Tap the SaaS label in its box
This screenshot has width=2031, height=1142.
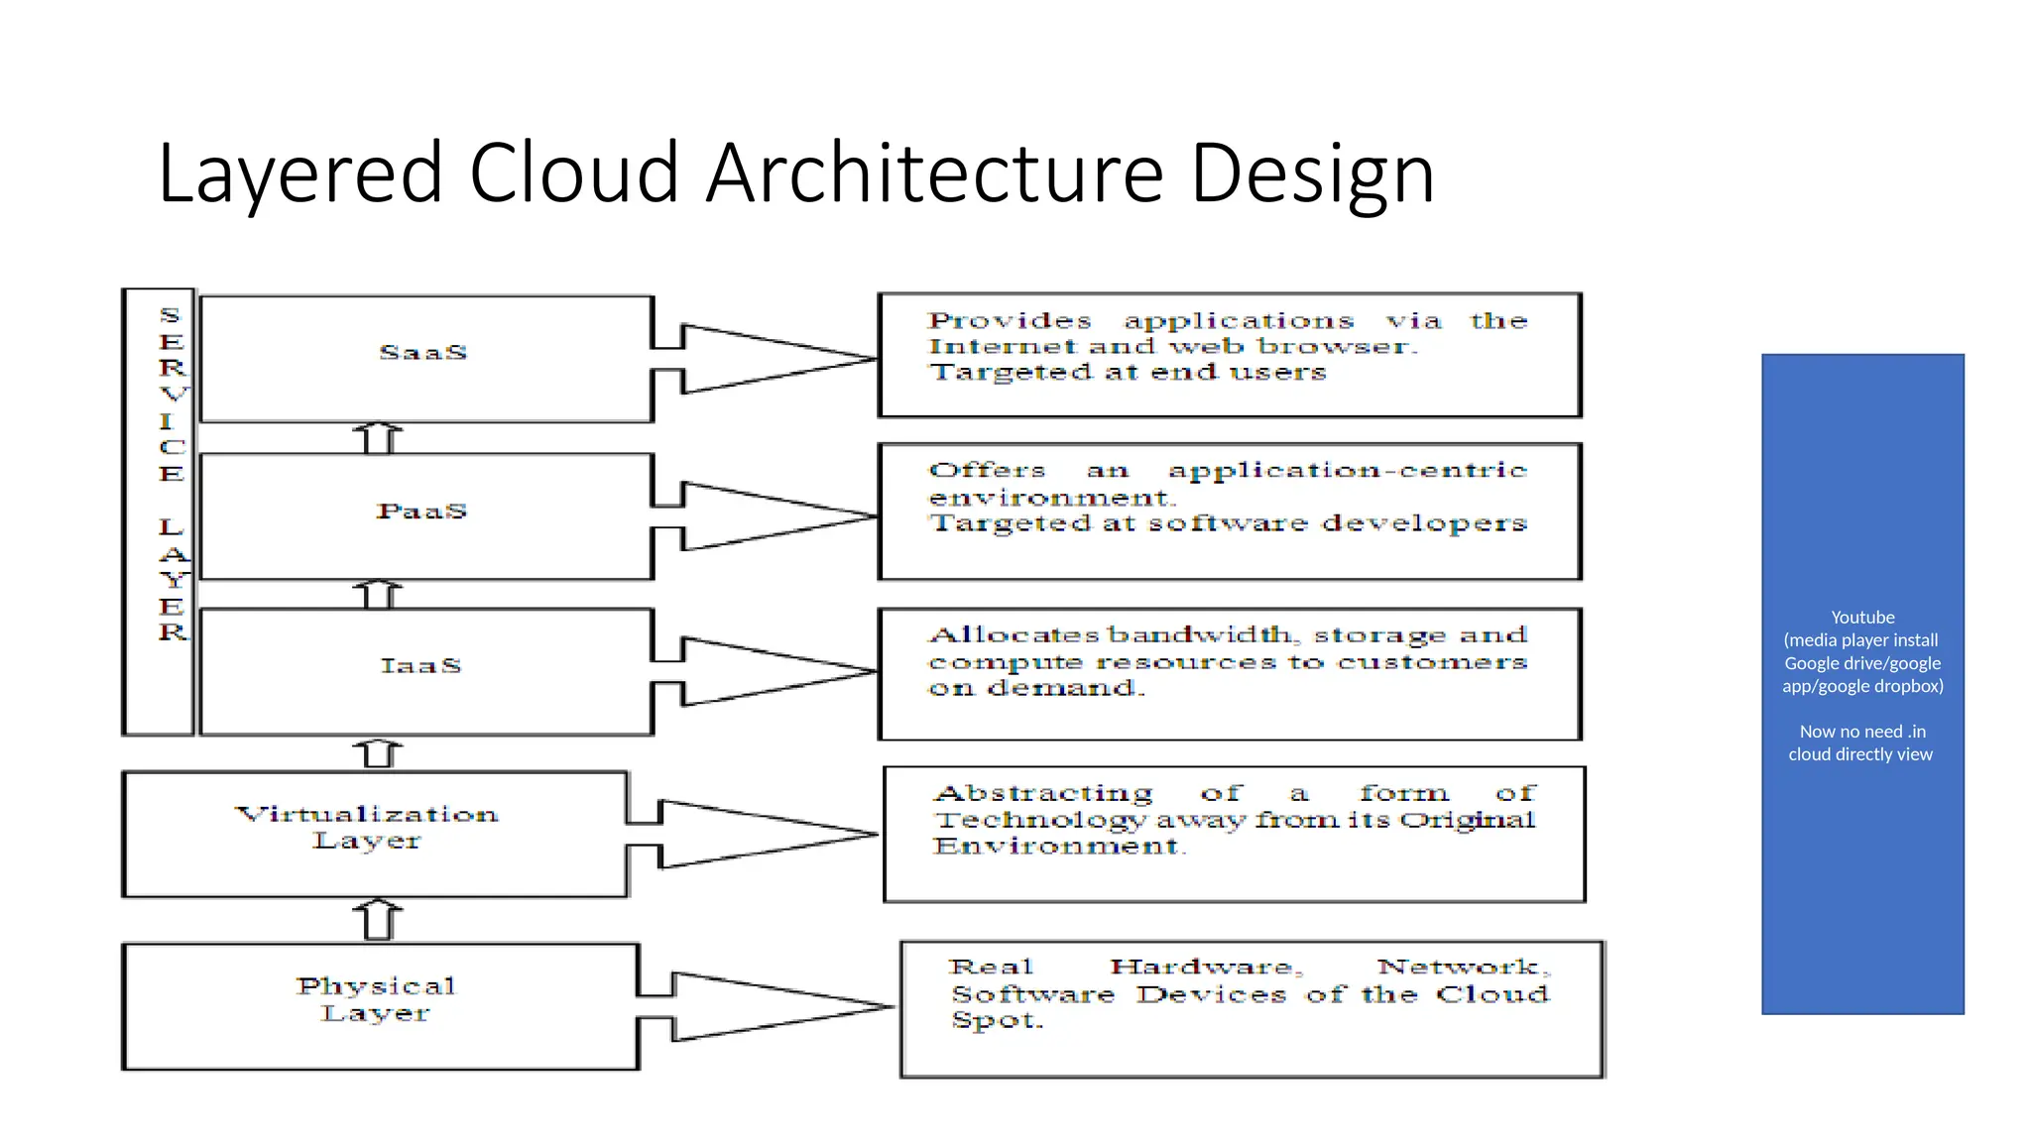(423, 353)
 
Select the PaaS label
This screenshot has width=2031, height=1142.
(421, 512)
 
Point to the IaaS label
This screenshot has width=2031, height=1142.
(421, 666)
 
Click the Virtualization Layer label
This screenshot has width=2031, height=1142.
(367, 827)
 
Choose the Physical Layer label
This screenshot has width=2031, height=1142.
(376, 999)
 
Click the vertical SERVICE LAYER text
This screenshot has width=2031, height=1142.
(172, 474)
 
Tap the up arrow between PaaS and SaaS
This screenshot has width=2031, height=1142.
(378, 437)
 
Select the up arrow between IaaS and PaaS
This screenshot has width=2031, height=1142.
(378, 594)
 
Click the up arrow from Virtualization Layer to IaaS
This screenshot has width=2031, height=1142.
(378, 753)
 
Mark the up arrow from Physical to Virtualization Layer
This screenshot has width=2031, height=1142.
(378, 919)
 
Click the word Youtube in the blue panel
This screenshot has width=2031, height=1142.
(1862, 618)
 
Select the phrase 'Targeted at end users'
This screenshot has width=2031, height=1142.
(1127, 373)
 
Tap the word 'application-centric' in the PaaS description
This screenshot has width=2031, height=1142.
(1347, 470)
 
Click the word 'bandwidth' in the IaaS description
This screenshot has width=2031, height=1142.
(1200, 634)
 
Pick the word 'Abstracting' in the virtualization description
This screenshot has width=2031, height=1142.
(1043, 794)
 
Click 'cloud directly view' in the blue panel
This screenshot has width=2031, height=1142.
(1860, 754)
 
